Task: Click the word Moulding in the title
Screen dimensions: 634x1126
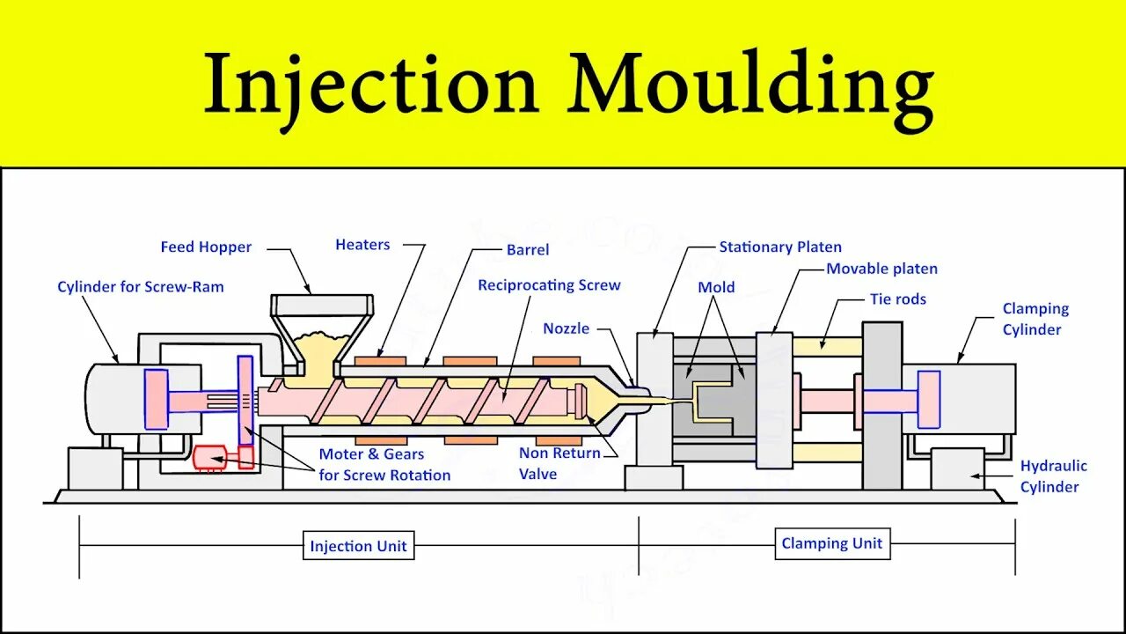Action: pyautogui.click(x=750, y=86)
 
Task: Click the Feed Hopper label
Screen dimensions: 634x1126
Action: pyautogui.click(x=206, y=247)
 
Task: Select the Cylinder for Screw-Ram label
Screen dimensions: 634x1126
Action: pyautogui.click(x=141, y=287)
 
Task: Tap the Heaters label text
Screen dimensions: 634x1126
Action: pyautogui.click(x=362, y=245)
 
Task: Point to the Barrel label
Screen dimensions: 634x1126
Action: pyautogui.click(x=528, y=250)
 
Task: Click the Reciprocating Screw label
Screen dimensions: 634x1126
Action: pyautogui.click(x=549, y=285)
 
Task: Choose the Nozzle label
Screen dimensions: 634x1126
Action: pyautogui.click(x=566, y=328)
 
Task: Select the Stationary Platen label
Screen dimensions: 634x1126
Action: pyautogui.click(x=780, y=247)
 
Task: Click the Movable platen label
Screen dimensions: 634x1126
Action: pyautogui.click(x=881, y=269)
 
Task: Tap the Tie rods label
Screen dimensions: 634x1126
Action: pyautogui.click(x=898, y=299)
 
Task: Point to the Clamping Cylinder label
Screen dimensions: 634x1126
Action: pyautogui.click(x=1035, y=319)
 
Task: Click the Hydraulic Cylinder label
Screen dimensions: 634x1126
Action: pyautogui.click(x=1053, y=476)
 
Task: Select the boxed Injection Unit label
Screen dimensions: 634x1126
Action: pyautogui.click(x=358, y=546)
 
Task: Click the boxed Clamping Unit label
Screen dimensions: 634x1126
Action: pyautogui.click(x=831, y=543)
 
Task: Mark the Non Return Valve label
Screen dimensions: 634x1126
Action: pyautogui.click(x=559, y=463)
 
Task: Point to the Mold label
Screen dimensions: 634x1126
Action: pyautogui.click(x=716, y=287)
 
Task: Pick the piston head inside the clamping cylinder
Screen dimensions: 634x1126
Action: pyautogui.click(x=928, y=400)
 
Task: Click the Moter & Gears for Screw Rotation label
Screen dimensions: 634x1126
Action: pyautogui.click(x=384, y=464)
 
